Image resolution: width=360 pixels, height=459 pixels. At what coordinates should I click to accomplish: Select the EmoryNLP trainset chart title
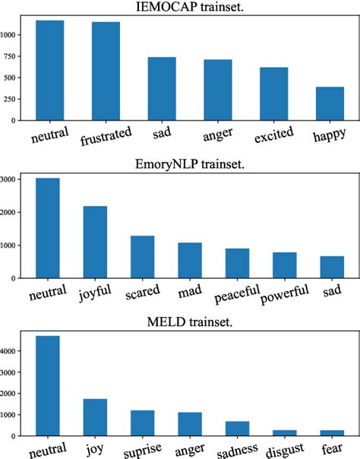(189, 165)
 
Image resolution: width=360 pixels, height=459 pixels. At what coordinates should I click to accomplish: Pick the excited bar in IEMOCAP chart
(273, 93)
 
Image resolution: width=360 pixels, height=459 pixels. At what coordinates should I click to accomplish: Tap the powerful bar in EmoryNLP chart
(284, 265)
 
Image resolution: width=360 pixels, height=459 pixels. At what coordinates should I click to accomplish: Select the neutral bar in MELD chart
(47, 385)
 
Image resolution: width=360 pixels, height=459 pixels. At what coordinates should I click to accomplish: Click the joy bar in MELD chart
(95, 417)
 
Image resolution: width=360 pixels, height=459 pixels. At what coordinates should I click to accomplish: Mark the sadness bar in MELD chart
(237, 429)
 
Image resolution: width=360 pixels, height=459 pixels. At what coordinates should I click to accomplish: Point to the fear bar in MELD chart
(332, 433)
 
